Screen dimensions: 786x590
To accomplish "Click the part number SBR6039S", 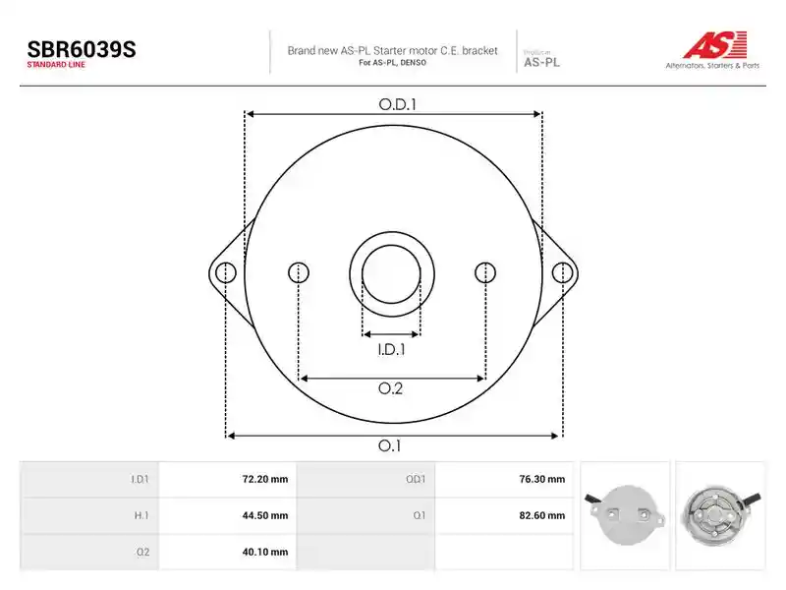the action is [82, 50].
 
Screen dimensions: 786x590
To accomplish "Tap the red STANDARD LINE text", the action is [56, 65].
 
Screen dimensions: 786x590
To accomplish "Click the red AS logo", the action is [715, 44].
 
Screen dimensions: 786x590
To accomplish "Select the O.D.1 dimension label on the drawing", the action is [398, 104].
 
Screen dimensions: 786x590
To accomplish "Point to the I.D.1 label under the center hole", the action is [391, 349].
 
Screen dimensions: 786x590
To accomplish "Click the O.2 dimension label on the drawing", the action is [390, 388].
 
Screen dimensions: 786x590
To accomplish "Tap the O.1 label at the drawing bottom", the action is [389, 445].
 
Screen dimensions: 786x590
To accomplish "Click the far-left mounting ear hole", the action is [226, 273].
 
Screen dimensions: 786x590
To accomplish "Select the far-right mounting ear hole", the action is [562, 273].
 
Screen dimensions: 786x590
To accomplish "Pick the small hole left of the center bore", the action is [299, 273].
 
